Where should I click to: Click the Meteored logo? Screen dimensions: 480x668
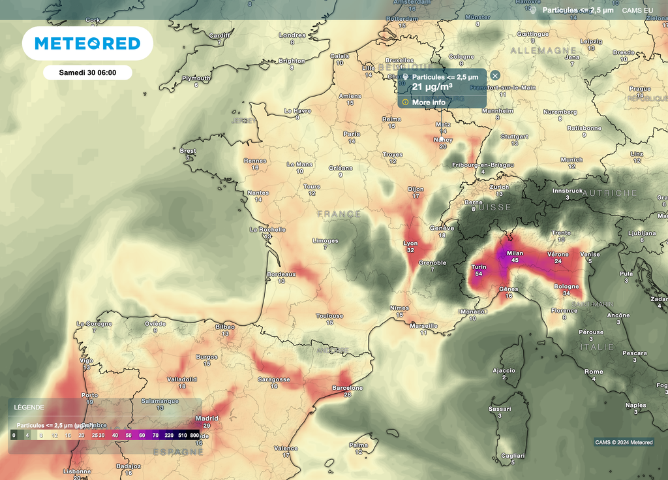point(87,44)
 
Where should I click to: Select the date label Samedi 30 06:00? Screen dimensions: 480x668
point(87,72)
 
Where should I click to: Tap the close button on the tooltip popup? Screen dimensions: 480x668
point(495,76)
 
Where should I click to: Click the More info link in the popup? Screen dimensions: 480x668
point(429,103)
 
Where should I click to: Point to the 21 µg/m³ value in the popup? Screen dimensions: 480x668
point(432,87)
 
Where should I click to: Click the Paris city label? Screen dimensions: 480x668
point(352,134)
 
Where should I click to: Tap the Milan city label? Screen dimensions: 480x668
point(515,253)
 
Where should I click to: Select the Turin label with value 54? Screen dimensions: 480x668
point(479,267)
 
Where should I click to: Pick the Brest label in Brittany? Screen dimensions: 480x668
point(187,151)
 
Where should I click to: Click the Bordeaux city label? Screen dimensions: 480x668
point(282,274)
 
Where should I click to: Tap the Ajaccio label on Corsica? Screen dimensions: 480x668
point(503,370)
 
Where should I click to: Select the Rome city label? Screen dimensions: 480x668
point(594,372)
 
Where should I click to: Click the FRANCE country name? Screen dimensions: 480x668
point(339,214)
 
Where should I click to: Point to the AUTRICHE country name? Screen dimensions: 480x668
point(609,193)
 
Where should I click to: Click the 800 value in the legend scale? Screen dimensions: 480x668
point(194,434)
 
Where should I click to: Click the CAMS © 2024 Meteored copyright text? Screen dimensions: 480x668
point(624,442)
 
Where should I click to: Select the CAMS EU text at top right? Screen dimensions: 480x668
point(637,10)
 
